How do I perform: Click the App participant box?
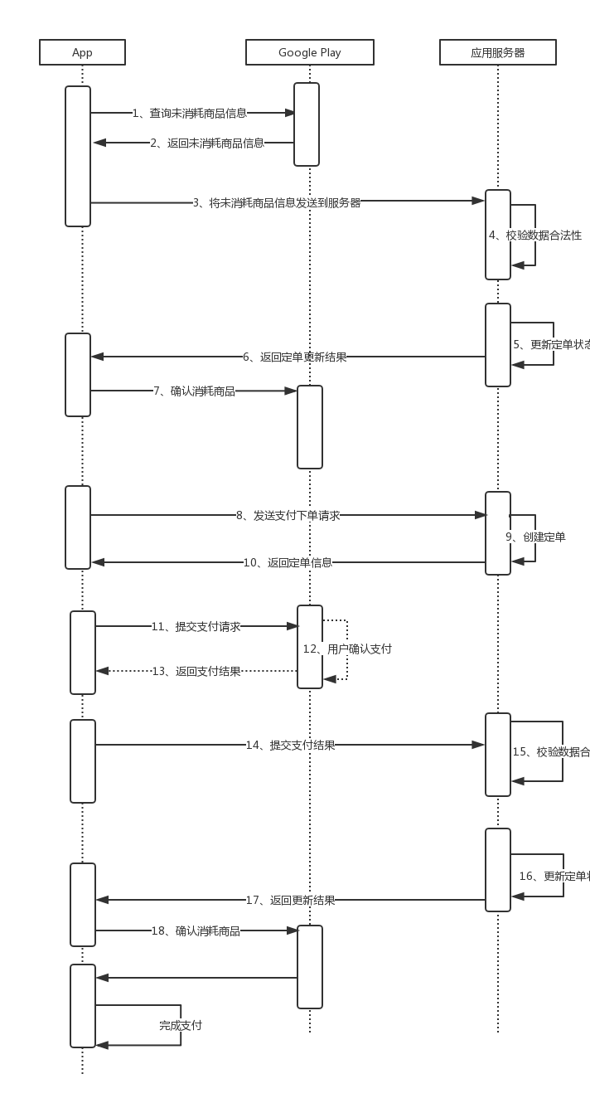click(82, 52)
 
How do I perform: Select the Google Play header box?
click(309, 52)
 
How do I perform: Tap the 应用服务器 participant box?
click(497, 52)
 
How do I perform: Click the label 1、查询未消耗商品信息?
click(190, 113)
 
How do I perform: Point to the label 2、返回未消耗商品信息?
click(207, 143)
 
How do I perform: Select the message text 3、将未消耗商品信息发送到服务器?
click(277, 202)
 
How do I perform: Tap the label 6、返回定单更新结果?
click(294, 357)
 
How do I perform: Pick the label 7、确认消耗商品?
click(194, 391)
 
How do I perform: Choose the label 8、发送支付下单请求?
click(288, 515)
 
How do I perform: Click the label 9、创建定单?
click(535, 537)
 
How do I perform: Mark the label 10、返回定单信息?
click(288, 562)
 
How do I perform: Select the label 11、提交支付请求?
click(196, 626)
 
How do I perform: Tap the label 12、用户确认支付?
click(347, 649)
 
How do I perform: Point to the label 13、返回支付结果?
click(196, 671)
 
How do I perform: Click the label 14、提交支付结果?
click(290, 745)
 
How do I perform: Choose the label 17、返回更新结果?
click(290, 900)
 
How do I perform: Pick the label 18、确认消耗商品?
click(196, 931)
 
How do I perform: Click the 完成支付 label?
click(181, 1025)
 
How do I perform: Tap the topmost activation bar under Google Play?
click(307, 124)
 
